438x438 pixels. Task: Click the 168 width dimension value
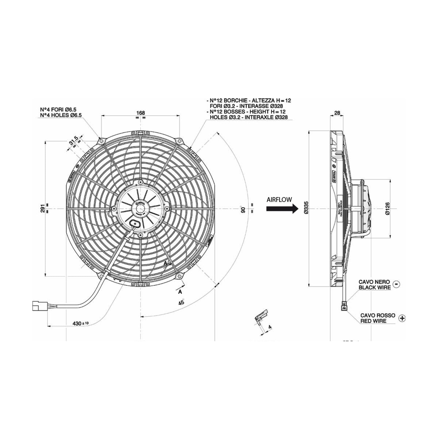(x=141, y=113)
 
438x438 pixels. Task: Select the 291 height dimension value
(x=43, y=208)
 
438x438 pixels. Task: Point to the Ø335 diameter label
(x=306, y=208)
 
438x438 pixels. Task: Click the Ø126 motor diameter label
(x=387, y=208)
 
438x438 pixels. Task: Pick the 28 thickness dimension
(x=337, y=113)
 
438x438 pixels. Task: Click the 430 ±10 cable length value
(x=81, y=323)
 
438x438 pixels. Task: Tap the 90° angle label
(x=242, y=209)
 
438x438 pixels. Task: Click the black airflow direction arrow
(x=280, y=209)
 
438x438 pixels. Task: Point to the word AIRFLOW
(x=279, y=199)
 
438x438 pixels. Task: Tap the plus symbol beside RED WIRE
(x=402, y=318)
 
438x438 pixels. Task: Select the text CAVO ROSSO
(x=377, y=315)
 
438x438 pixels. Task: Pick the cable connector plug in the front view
(x=38, y=306)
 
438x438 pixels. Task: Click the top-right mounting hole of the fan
(x=179, y=141)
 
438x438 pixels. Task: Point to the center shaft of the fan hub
(x=141, y=209)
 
